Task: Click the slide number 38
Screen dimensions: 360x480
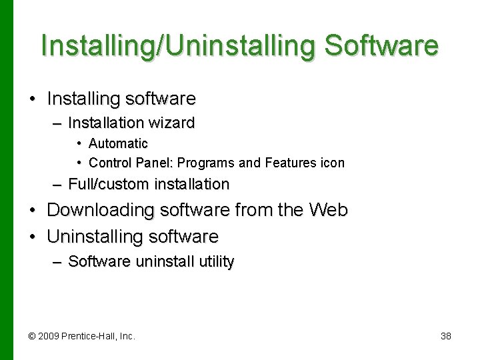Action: (x=446, y=336)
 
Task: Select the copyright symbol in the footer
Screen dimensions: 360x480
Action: (x=33, y=336)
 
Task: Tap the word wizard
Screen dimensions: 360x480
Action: (x=171, y=123)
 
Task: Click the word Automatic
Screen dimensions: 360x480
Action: (x=118, y=143)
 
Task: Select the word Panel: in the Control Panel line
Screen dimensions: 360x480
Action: (x=154, y=163)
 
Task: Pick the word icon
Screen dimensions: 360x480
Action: (x=333, y=163)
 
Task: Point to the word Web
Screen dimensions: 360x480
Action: (x=329, y=211)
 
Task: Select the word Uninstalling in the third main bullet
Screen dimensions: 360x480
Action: (x=95, y=237)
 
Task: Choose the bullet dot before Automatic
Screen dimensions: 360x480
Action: (x=79, y=143)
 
